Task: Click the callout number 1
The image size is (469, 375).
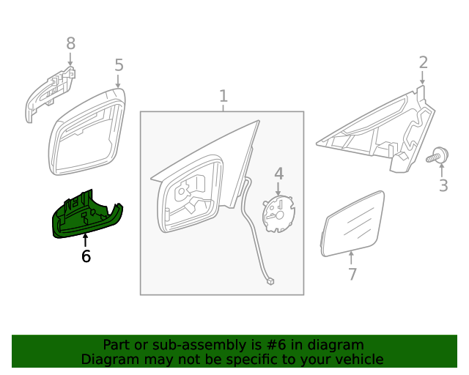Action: click(223, 96)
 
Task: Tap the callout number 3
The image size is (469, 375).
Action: click(443, 185)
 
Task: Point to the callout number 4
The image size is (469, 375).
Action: click(278, 174)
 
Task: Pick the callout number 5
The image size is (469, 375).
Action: click(119, 66)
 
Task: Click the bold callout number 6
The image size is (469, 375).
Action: click(86, 256)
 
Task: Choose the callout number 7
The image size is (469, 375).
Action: click(352, 274)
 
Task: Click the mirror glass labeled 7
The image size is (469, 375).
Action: click(353, 223)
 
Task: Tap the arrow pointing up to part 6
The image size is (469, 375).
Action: click(85, 240)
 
